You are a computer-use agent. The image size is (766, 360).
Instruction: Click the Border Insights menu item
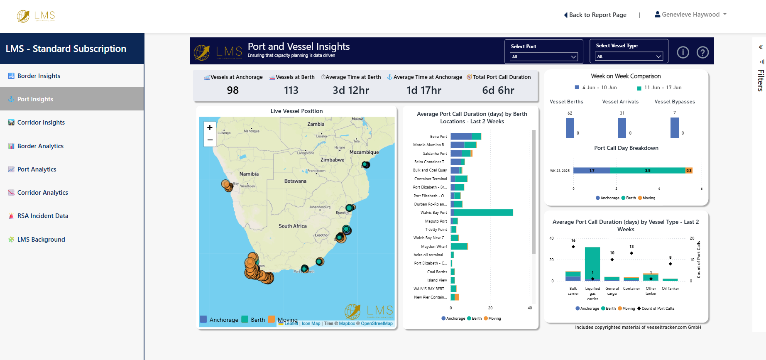39,76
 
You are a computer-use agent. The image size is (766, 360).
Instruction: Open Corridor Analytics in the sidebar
42,193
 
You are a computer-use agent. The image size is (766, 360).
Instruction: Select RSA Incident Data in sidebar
42,216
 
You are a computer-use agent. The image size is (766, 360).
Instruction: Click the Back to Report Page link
596,15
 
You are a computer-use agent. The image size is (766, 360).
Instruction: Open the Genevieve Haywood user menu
690,15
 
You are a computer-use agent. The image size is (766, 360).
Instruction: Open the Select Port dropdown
543,57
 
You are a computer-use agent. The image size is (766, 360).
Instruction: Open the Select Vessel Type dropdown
629,56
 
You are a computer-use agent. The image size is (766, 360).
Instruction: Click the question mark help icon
702,53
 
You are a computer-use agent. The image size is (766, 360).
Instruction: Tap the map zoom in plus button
210,127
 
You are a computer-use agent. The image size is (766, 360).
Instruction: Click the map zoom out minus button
210,140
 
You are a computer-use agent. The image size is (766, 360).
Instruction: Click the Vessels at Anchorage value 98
232,90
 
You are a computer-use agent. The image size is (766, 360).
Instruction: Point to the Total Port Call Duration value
498,90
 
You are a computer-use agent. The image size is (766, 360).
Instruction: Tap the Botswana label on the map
295,181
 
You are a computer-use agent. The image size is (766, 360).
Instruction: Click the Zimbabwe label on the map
332,160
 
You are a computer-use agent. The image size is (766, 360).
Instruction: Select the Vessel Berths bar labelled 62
570,127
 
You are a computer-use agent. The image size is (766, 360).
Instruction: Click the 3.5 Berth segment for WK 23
647,171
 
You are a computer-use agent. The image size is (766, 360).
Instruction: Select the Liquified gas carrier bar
592,264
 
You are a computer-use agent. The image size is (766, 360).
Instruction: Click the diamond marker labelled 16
573,247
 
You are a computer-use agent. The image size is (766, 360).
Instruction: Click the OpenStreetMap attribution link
376,323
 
